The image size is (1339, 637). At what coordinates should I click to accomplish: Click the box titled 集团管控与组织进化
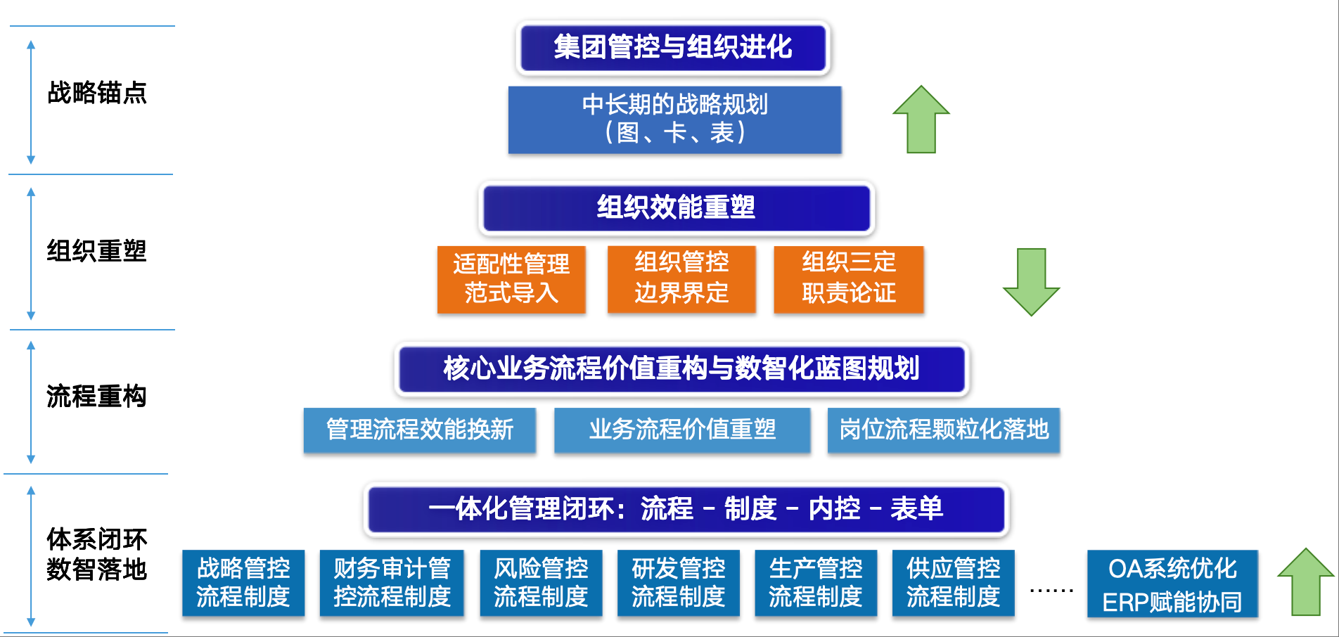point(673,48)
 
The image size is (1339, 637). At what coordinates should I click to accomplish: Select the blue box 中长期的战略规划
point(674,120)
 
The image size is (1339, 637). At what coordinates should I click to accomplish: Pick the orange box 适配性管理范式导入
point(511,279)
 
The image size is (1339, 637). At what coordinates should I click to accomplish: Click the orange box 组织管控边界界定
point(681,278)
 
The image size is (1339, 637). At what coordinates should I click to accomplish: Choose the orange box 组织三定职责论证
point(848,278)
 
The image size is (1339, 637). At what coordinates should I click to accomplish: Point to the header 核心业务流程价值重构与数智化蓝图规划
point(681,368)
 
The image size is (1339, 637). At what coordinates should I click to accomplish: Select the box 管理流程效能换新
point(420,430)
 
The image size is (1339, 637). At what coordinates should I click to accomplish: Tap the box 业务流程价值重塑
point(682,430)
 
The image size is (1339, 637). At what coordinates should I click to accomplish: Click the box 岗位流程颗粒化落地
point(943,430)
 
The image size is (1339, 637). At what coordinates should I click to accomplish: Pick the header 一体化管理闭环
point(686,509)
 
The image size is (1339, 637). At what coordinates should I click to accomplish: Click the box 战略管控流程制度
point(243,583)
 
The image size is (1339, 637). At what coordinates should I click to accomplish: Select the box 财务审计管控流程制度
point(392,583)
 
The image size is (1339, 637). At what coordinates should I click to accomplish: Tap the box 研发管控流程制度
point(678,583)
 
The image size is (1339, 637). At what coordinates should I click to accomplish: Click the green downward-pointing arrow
point(1031,281)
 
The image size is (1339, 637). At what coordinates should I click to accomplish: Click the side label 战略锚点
point(97,93)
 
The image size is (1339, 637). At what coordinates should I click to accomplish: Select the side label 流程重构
point(97,397)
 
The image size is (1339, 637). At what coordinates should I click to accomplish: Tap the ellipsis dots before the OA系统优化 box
point(1051,591)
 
